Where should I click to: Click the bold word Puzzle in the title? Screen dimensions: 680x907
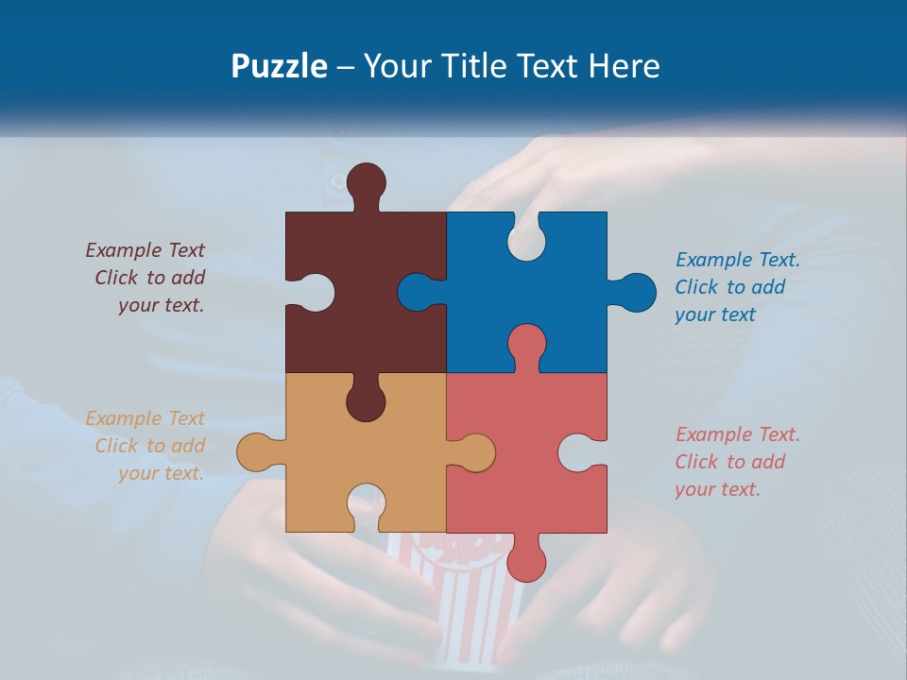pos(279,67)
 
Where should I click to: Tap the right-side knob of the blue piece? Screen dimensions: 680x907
pos(634,292)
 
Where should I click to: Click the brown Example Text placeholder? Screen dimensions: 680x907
pos(146,278)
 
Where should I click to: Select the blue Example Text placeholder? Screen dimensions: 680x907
pos(737,287)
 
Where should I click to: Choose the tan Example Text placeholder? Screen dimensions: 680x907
pos(146,446)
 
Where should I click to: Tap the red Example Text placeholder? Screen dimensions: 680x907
pos(737,462)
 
